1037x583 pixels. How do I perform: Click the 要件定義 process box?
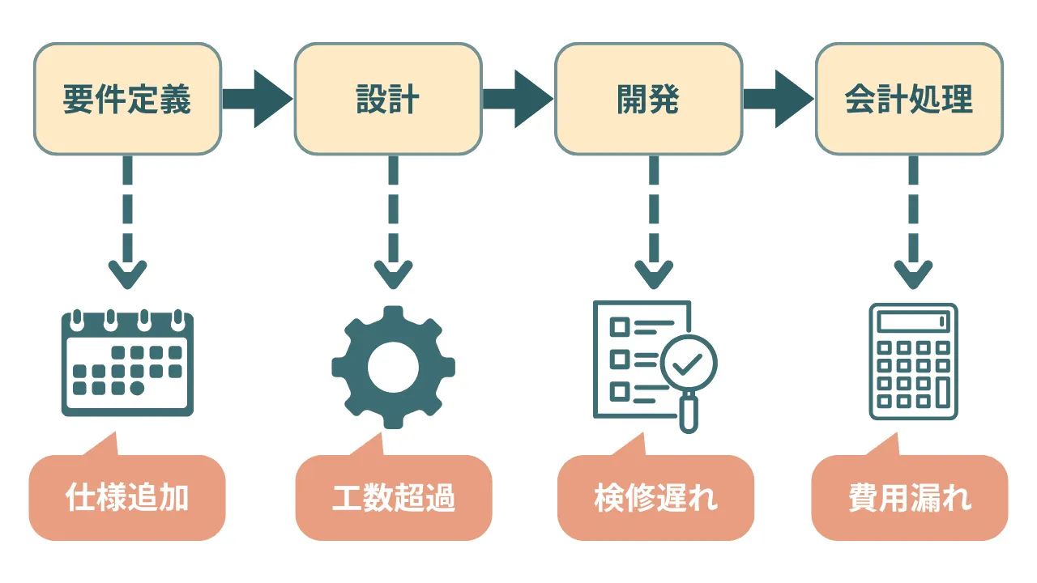coord(127,100)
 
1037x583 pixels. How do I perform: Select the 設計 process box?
coord(387,100)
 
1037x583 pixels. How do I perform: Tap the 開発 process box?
coord(648,100)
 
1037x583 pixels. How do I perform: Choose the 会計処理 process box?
coord(908,100)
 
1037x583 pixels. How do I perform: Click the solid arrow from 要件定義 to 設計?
coord(257,100)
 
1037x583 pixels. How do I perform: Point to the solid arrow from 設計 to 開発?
coord(518,100)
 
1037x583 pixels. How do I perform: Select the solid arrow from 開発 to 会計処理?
coord(779,100)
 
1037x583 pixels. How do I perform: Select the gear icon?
coord(393,367)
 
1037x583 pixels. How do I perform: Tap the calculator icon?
coord(913,362)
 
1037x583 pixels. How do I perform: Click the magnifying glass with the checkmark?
coord(688,368)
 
